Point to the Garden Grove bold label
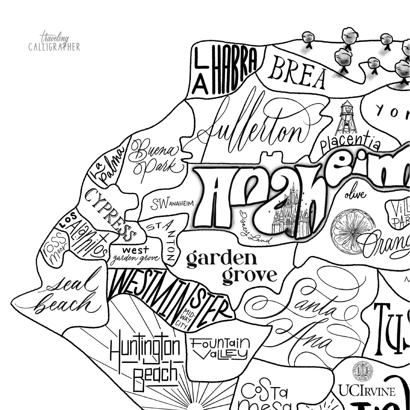(230, 267)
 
